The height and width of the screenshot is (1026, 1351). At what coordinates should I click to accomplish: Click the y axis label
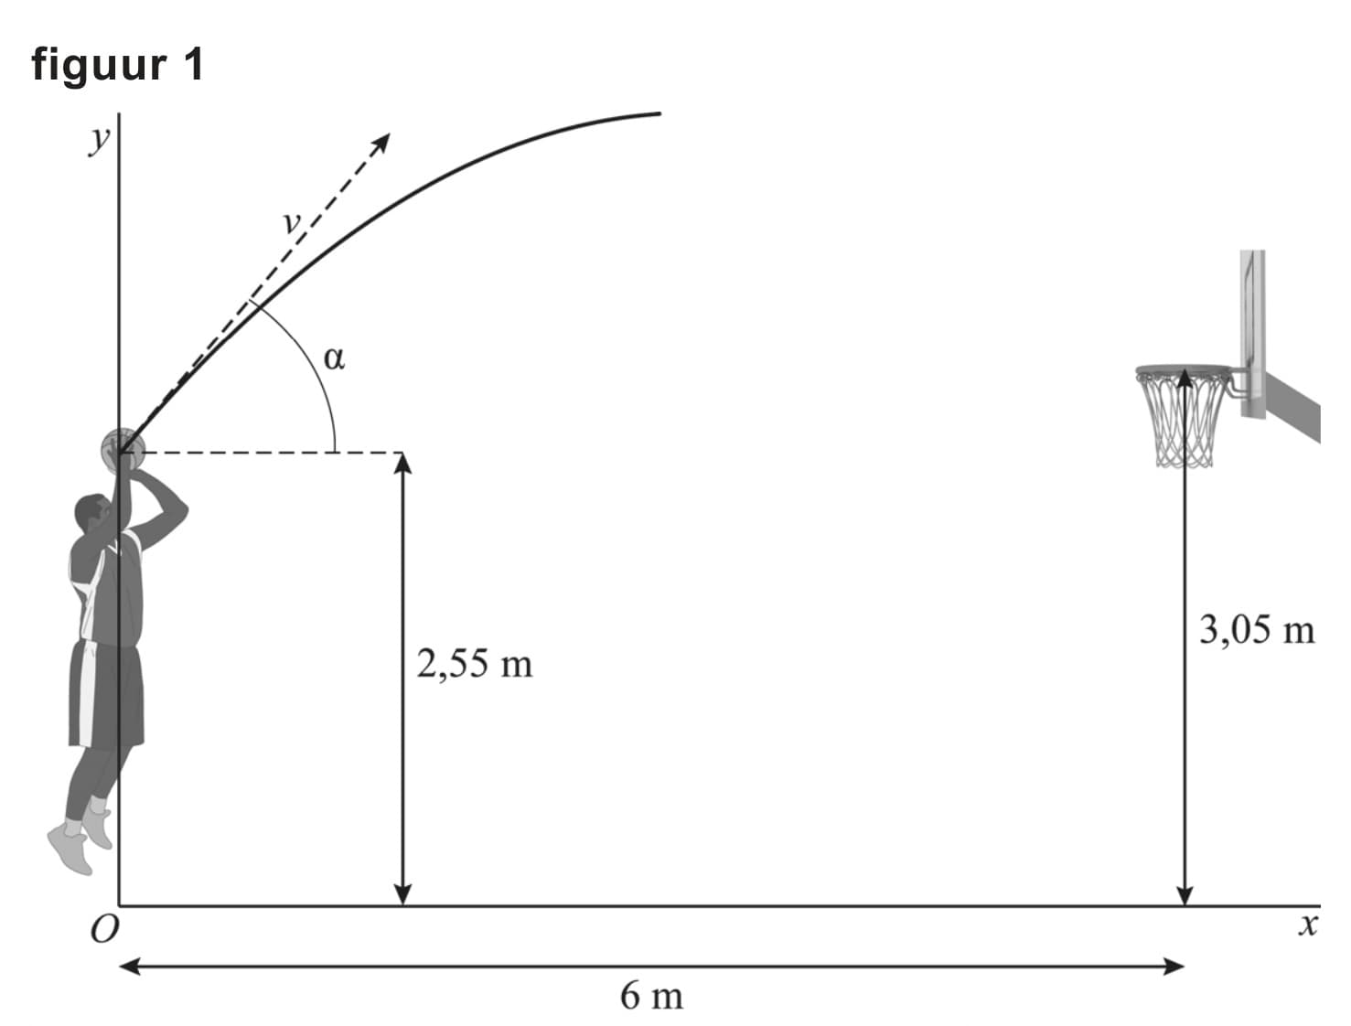99,140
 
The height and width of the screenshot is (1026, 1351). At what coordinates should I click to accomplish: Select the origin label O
104,929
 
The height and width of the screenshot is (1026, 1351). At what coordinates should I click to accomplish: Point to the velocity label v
292,222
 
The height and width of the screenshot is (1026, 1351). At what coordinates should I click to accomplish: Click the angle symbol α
334,358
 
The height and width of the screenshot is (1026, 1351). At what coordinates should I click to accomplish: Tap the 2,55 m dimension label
475,664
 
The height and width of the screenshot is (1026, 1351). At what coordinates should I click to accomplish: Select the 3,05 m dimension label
1256,630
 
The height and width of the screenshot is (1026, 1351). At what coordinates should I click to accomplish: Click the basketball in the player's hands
123,450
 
